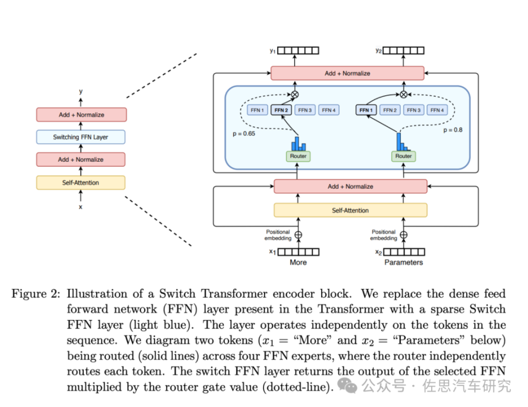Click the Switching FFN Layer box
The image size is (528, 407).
pyautogui.click(x=81, y=137)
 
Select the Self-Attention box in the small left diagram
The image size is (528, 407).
pyautogui.click(x=81, y=183)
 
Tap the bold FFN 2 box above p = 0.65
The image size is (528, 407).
pyautogui.click(x=281, y=111)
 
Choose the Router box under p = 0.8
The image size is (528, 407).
pyautogui.click(x=403, y=156)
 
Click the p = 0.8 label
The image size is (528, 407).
pyautogui.click(x=453, y=130)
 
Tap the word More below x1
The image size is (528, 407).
pyautogui.click(x=298, y=262)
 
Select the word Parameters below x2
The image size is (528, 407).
pyautogui.click(x=404, y=262)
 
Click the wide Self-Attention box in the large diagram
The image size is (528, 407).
pyautogui.click(x=350, y=210)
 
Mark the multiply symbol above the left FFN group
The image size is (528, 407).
pyautogui.click(x=295, y=95)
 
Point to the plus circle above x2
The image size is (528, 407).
pyautogui.click(x=404, y=235)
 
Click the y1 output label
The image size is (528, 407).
pyautogui.click(x=272, y=51)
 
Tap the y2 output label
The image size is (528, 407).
pyautogui.click(x=378, y=51)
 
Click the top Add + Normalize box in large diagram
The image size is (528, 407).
pyautogui.click(x=347, y=73)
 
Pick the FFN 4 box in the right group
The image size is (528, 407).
pyautogui.click(x=437, y=111)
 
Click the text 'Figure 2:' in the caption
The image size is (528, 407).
pyautogui.click(x=36, y=295)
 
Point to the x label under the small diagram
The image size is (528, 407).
pyautogui.click(x=80, y=207)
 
